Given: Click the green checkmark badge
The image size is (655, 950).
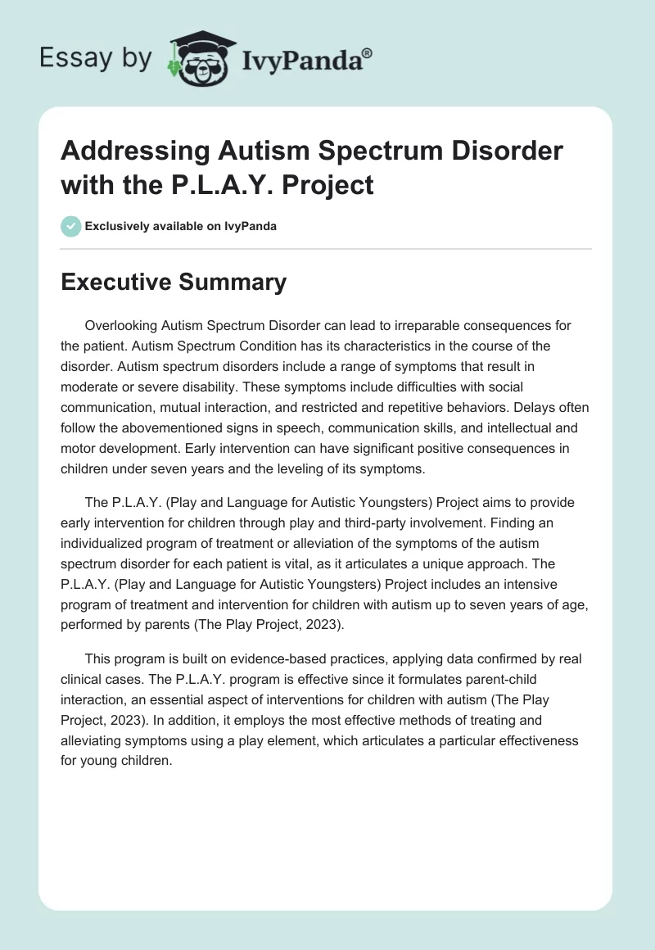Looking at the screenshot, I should click(71, 226).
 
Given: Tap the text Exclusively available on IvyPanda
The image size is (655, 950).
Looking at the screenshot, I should click(179, 226).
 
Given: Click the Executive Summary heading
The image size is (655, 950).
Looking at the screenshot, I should click(174, 283).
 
